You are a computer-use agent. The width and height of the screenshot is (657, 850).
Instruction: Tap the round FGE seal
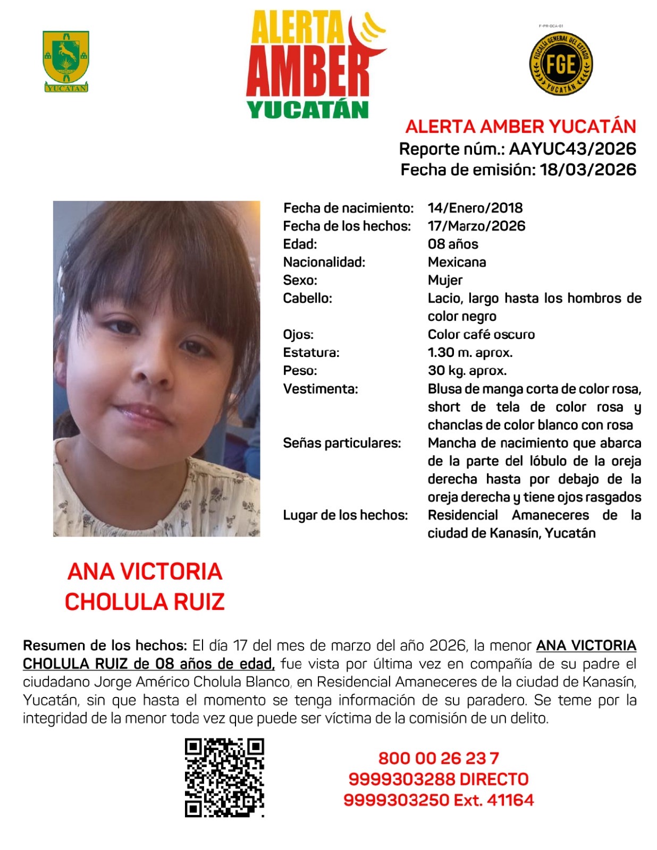click(561, 63)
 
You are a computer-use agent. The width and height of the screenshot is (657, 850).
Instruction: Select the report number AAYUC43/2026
click(572, 149)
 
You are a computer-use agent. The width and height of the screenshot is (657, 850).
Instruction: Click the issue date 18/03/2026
click(588, 169)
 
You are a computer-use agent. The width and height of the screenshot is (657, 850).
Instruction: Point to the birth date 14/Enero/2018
click(475, 208)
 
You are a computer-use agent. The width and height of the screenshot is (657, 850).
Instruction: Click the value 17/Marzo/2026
click(476, 226)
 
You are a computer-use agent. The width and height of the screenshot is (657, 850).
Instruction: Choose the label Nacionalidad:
click(324, 262)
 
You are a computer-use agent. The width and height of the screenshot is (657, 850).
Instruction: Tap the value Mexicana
click(457, 262)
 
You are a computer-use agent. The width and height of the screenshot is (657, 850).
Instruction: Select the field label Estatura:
click(311, 352)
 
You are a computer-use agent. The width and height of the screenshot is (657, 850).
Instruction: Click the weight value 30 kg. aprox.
click(467, 370)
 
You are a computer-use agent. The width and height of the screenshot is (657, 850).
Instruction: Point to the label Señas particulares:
click(342, 443)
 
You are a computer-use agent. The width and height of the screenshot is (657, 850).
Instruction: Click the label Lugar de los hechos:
click(345, 515)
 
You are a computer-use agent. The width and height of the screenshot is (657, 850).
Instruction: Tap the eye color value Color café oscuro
click(481, 334)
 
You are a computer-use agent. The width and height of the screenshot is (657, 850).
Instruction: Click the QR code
click(224, 777)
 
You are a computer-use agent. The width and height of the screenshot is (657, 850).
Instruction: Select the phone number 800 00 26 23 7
click(439, 758)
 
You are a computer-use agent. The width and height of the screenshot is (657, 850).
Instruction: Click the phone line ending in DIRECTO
click(439, 779)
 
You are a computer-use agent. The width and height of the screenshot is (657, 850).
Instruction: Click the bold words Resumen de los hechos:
click(105, 645)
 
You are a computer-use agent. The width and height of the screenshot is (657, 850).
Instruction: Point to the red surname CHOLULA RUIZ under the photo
click(145, 601)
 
